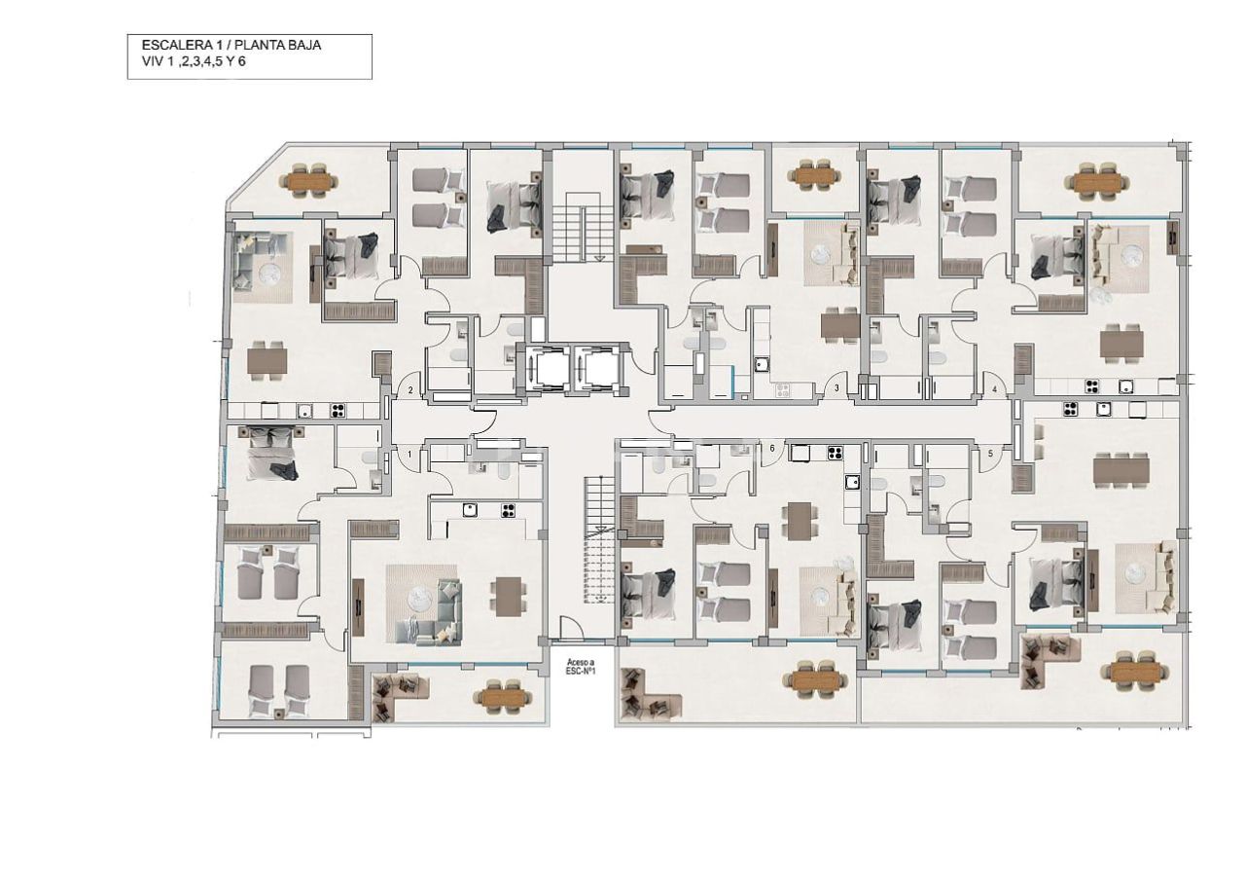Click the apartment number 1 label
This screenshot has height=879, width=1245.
tap(409, 454)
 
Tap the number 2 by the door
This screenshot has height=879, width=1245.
tap(410, 390)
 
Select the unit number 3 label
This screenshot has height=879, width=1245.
tap(837, 389)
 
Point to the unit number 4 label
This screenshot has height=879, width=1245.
tap(995, 390)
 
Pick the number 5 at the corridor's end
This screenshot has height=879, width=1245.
tap(991, 453)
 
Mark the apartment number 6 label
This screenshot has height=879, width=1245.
tap(773, 449)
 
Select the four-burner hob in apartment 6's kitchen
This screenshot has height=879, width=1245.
tap(834, 452)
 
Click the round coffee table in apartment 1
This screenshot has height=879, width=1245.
tap(419, 596)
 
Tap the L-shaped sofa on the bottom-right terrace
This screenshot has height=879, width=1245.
tap(1044, 659)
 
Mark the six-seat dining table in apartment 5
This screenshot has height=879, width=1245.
tap(1121, 471)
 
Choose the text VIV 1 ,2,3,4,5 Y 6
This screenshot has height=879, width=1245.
tap(194, 62)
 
